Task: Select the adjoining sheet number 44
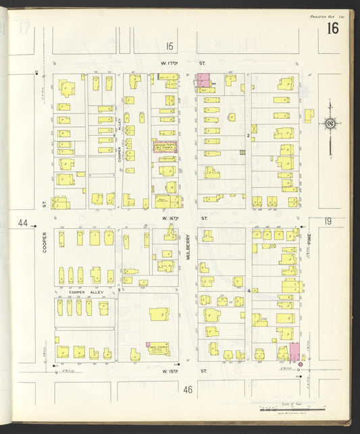point(24,223)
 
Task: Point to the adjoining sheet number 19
point(328,221)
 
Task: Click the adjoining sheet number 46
point(187,389)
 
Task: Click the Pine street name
point(312,235)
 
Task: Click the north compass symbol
point(330,124)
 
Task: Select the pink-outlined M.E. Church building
point(164,146)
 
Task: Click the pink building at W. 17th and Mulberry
point(203,82)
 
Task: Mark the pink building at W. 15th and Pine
point(294,352)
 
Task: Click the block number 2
point(248,136)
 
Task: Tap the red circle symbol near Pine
point(301,364)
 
